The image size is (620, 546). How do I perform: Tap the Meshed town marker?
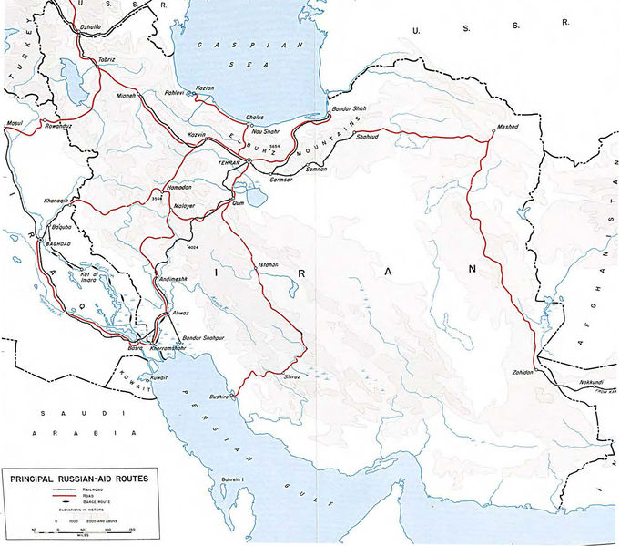point(493,131)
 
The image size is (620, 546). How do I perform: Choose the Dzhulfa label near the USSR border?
point(67,27)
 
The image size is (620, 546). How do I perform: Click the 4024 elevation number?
point(192,247)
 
